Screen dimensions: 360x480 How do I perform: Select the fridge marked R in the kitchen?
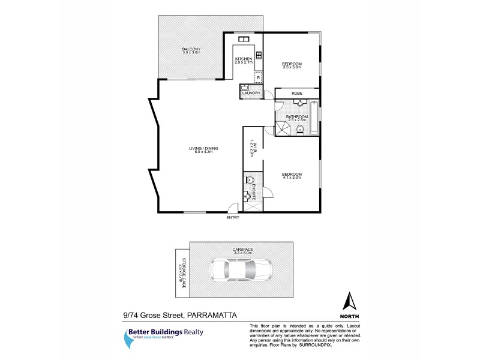[x=258, y=77]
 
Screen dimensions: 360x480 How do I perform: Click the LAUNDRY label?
[x=251, y=93]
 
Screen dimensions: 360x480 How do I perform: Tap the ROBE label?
[x=296, y=93]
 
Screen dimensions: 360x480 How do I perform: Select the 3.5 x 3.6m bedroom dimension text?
[x=292, y=68]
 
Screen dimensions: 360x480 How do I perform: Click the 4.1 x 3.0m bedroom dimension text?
[x=291, y=178]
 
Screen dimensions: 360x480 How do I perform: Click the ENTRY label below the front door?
[x=233, y=217]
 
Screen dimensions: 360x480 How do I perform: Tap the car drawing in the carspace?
[x=240, y=270]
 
